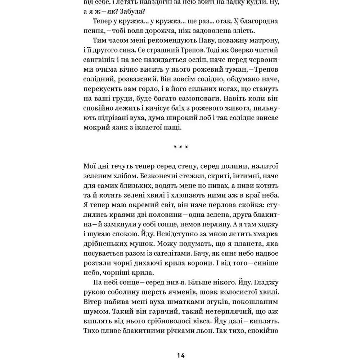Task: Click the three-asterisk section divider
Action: [x=181, y=147]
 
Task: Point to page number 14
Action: [x=181, y=355]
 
